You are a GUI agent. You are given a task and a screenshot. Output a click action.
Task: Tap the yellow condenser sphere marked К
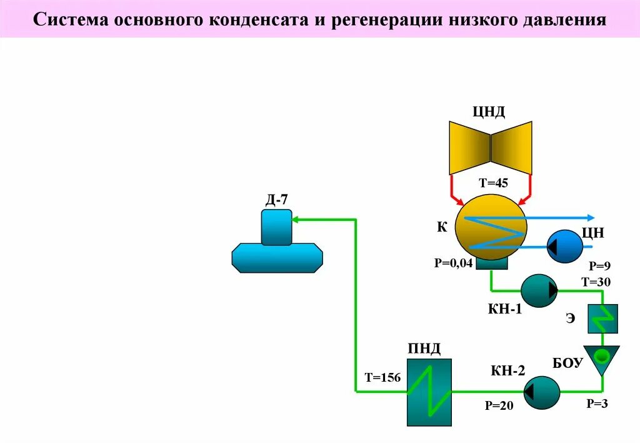(491, 227)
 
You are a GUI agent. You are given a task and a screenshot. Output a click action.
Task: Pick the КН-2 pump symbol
(541, 392)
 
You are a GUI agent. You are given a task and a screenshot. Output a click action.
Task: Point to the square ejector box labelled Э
(602, 319)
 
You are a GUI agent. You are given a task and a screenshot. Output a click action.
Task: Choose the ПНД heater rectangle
(429, 392)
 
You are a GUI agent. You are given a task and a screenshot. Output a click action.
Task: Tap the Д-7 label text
(276, 201)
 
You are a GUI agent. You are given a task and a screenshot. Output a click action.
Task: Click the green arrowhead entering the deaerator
(297, 219)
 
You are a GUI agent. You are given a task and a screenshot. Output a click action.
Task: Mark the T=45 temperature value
(493, 183)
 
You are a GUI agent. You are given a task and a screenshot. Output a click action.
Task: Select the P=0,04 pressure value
(453, 263)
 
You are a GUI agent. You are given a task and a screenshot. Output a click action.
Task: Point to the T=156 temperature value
(382, 377)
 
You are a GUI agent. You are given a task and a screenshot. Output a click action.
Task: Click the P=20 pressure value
(499, 406)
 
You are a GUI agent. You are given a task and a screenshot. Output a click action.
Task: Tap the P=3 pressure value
(597, 404)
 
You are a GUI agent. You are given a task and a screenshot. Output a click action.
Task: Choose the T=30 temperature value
(596, 282)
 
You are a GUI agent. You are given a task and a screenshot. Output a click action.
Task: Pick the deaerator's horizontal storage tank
(277, 258)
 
